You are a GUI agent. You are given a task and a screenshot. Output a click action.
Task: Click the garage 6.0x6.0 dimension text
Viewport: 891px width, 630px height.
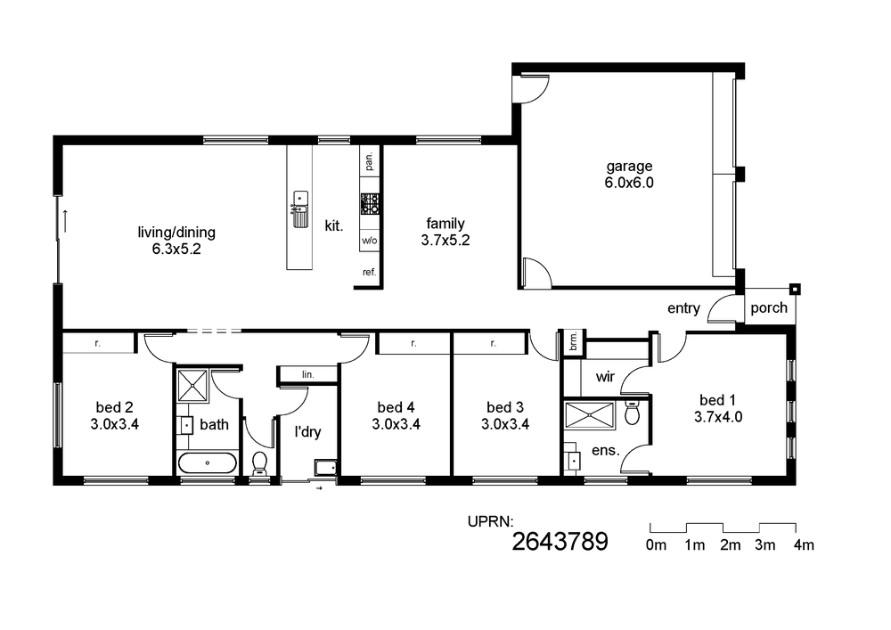coord(629,183)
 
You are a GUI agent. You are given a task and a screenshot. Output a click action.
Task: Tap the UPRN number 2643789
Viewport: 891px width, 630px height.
coord(560,542)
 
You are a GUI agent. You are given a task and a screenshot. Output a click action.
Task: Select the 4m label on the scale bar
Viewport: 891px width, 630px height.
coord(804,544)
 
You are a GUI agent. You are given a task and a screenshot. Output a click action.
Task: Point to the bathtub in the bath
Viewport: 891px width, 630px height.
coord(207,463)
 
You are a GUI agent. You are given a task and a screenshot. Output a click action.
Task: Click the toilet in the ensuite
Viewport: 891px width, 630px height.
coord(632,412)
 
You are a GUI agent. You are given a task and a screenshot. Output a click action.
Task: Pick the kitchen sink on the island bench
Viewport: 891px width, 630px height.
coord(300,209)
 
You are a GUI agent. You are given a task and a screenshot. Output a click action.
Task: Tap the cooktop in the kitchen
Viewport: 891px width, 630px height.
coord(370,204)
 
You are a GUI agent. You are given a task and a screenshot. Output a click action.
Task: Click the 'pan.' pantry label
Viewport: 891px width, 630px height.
coord(370,161)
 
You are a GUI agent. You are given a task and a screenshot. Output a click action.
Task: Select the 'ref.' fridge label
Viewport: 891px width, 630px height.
coord(370,272)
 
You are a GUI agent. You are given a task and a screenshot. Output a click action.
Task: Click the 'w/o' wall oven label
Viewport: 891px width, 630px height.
coord(370,241)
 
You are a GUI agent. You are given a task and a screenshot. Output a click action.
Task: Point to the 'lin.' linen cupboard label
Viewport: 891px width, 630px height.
coord(308,374)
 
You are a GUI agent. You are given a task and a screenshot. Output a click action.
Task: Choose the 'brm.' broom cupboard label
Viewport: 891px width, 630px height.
coord(573,341)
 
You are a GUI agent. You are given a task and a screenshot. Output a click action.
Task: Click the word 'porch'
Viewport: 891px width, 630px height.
coord(769,308)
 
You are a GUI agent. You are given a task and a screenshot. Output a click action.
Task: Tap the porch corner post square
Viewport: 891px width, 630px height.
coord(795,289)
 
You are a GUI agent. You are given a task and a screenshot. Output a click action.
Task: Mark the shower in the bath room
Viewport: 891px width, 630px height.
coord(192,386)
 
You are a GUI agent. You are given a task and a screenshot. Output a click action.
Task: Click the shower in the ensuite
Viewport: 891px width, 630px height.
coord(590,415)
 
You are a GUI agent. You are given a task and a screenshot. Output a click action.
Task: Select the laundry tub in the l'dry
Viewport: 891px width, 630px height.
coord(325,468)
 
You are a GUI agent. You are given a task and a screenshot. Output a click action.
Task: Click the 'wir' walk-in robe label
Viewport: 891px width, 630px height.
coord(605,377)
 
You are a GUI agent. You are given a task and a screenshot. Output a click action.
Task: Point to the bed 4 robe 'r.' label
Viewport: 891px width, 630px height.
coord(413,343)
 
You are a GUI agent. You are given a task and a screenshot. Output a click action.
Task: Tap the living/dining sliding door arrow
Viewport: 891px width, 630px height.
coord(65,221)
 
